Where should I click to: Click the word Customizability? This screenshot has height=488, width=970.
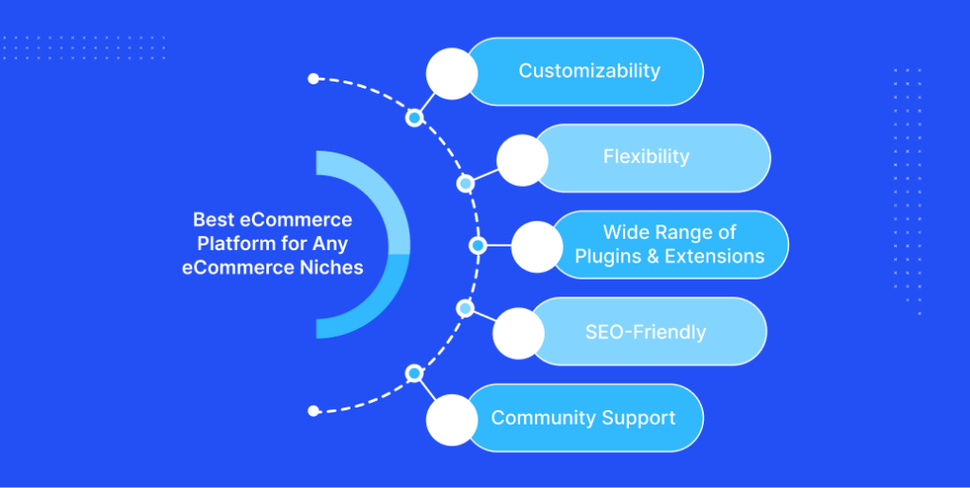(x=589, y=71)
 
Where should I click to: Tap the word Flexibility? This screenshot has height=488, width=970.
(x=646, y=157)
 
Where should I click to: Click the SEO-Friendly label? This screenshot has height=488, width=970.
(x=645, y=333)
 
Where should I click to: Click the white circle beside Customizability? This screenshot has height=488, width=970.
(x=452, y=74)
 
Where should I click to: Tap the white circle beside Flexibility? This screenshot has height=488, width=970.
(x=523, y=160)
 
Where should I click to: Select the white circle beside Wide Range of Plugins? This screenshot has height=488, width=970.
(x=538, y=246)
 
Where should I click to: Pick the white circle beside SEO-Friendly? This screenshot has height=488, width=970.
(x=519, y=334)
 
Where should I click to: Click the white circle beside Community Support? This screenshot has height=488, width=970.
(x=452, y=420)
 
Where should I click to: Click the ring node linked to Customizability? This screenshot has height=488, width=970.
(x=415, y=117)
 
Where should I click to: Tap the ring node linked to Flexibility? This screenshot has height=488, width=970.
(x=465, y=184)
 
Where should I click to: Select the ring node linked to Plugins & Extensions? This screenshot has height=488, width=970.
(x=477, y=245)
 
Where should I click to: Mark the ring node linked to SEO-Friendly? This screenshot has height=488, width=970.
(x=465, y=308)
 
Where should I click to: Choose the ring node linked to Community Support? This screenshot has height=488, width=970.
(x=415, y=373)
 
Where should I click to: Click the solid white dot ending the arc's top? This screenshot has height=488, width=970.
(x=314, y=79)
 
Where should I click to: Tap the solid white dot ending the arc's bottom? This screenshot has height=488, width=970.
(x=314, y=410)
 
